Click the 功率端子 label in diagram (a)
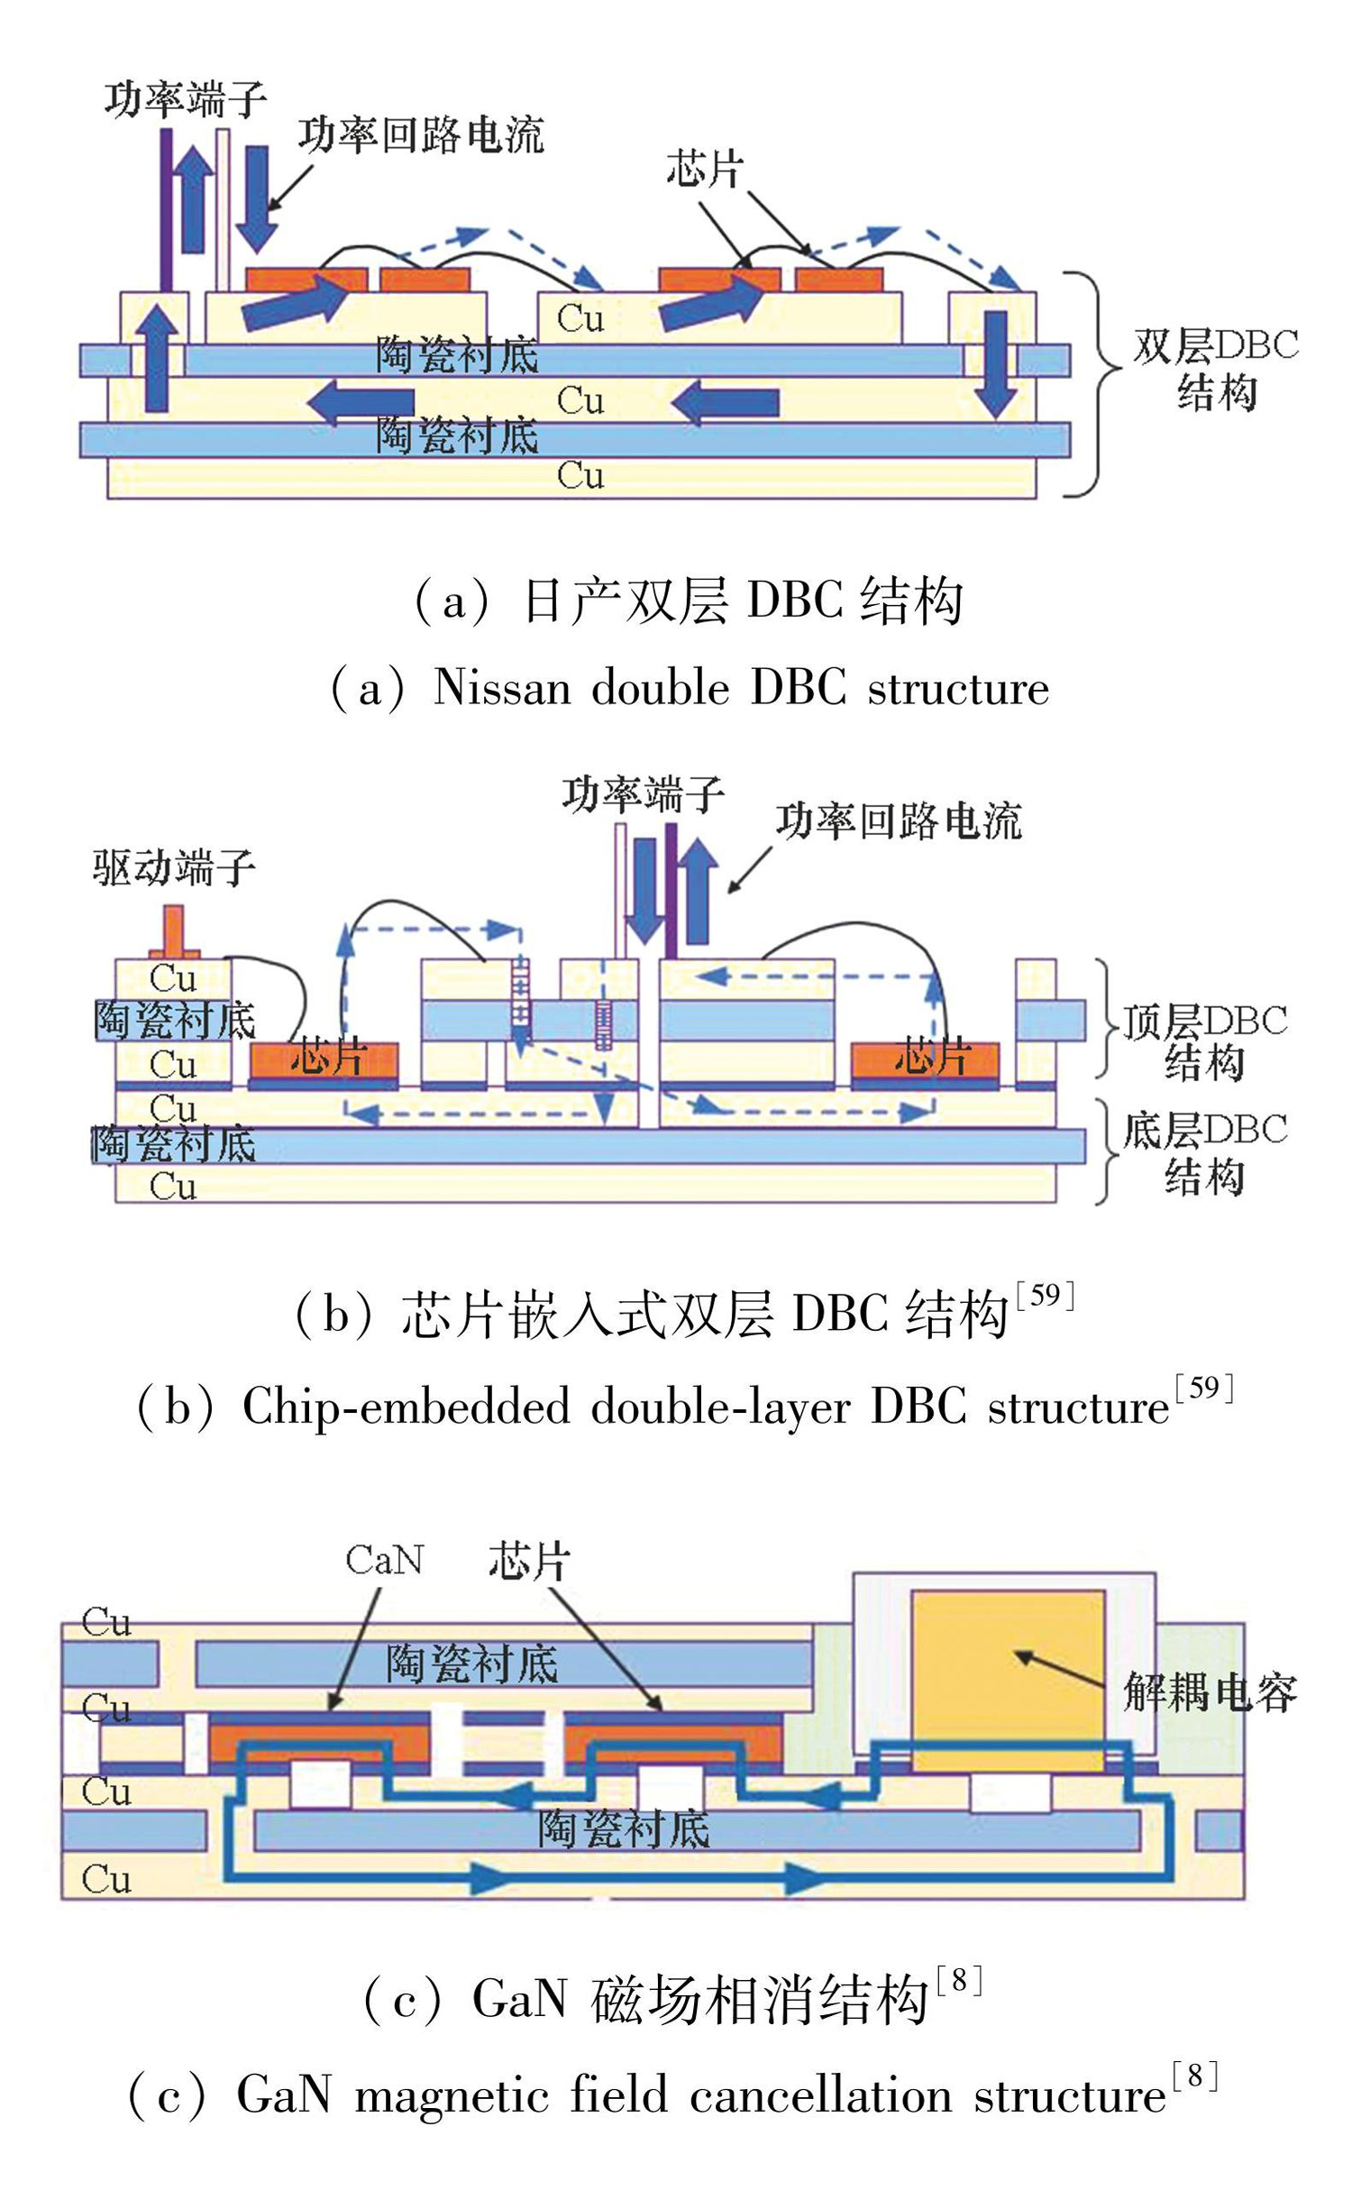[x=185, y=98]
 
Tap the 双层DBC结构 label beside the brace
[x=1215, y=370]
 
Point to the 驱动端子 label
[x=174, y=867]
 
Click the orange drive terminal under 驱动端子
[x=173, y=933]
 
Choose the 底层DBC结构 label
[x=1204, y=1154]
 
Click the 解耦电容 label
[x=1210, y=1692]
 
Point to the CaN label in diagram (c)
[x=384, y=1560]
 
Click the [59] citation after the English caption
[x=1203, y=1388]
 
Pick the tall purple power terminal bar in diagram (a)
[x=166, y=209]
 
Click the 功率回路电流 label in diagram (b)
[x=899, y=821]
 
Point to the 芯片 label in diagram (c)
[x=529, y=1561]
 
